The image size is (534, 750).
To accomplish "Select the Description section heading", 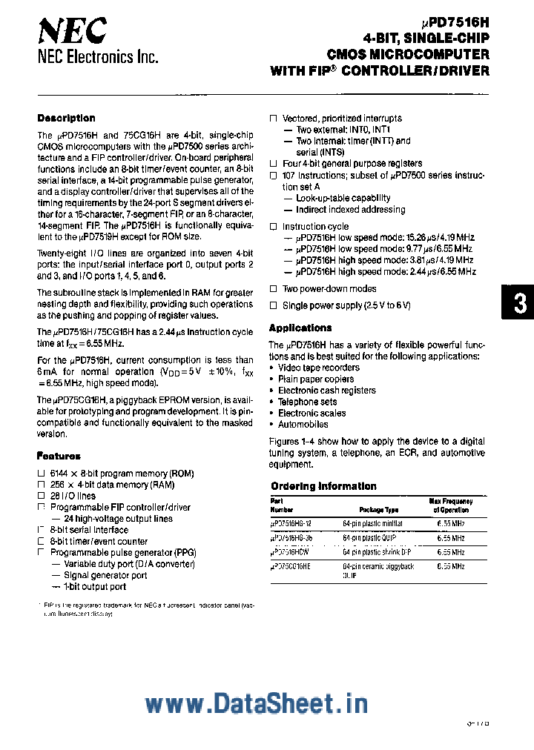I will point(66,118).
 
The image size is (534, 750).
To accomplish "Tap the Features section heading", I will point(59,456).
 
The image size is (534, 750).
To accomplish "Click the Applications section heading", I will point(300,328).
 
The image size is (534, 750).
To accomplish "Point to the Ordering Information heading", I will point(323,486).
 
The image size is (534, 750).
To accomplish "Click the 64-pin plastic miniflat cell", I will point(373,523).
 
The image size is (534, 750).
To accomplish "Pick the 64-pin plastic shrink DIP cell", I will point(376,552).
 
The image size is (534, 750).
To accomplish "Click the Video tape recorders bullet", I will point(319,368).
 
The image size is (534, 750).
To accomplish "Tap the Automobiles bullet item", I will point(303,425).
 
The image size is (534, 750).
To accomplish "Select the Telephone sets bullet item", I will point(307,402).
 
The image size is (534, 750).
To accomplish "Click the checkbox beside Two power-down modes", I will point(273,289).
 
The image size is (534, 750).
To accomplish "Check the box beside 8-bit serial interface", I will point(41,530).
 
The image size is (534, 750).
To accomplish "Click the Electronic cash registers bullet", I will point(326,391).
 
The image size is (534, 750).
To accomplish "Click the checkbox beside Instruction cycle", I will point(273,227).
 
